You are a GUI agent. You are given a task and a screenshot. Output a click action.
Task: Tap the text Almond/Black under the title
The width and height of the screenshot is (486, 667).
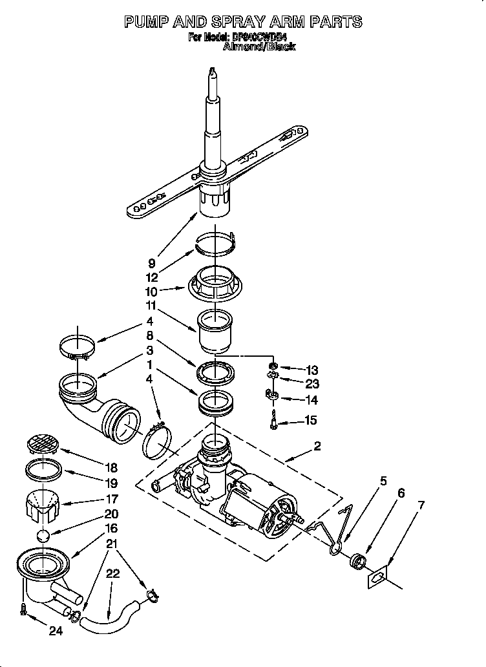259,47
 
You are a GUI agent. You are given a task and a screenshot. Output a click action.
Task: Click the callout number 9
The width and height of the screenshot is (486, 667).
152,263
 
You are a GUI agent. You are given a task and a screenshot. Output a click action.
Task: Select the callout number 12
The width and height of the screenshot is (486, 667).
153,275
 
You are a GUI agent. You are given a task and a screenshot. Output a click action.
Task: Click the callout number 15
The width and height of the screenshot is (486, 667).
311,421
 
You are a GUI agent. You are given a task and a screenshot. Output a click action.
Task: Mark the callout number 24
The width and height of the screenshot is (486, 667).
56,631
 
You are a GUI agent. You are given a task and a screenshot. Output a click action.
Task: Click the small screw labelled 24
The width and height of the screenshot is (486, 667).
24,608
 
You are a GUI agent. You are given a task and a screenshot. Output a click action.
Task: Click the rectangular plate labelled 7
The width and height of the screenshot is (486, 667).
378,575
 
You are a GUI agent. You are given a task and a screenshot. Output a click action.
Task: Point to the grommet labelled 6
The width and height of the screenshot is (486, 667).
355,559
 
